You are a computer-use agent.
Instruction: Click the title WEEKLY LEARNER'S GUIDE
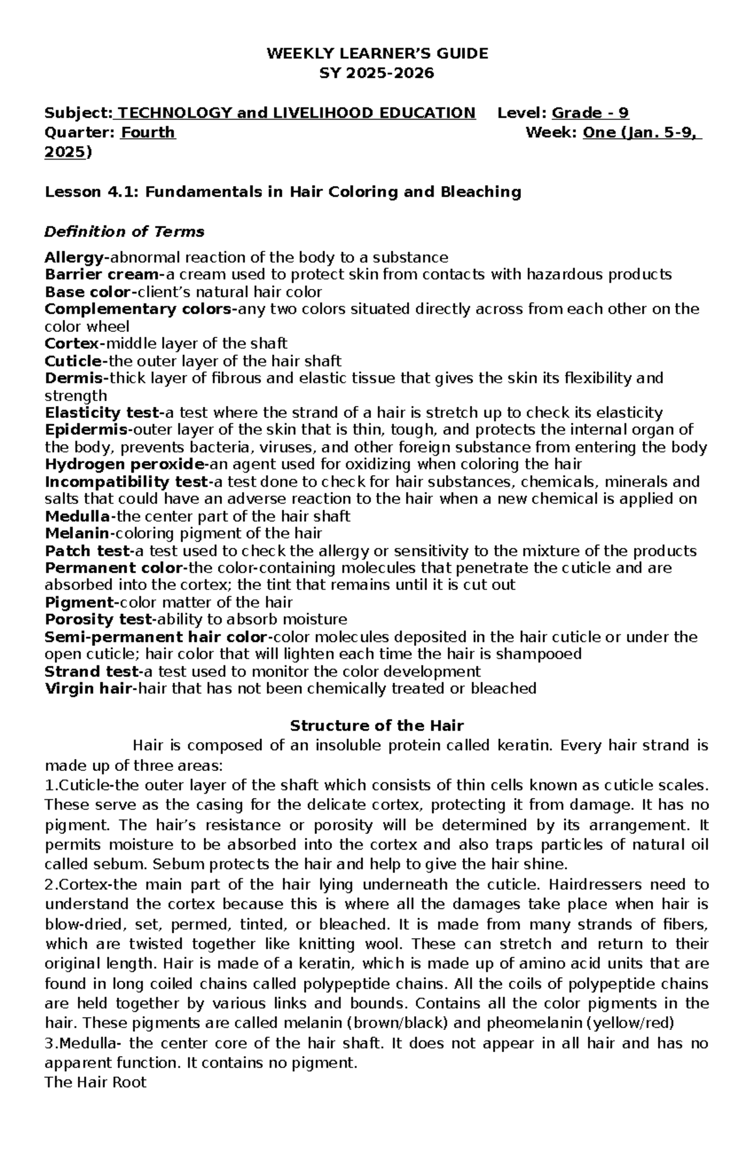(x=377, y=53)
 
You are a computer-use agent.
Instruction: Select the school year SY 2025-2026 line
(x=377, y=73)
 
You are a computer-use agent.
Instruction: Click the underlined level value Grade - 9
(x=590, y=113)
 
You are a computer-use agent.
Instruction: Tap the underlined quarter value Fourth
(x=148, y=133)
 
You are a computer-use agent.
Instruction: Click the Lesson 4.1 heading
(x=283, y=192)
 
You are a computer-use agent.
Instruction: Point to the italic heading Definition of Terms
(x=124, y=232)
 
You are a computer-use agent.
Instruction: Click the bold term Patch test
(x=87, y=551)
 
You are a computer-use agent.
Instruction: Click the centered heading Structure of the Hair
(x=377, y=726)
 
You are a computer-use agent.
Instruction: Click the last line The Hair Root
(x=96, y=1083)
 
